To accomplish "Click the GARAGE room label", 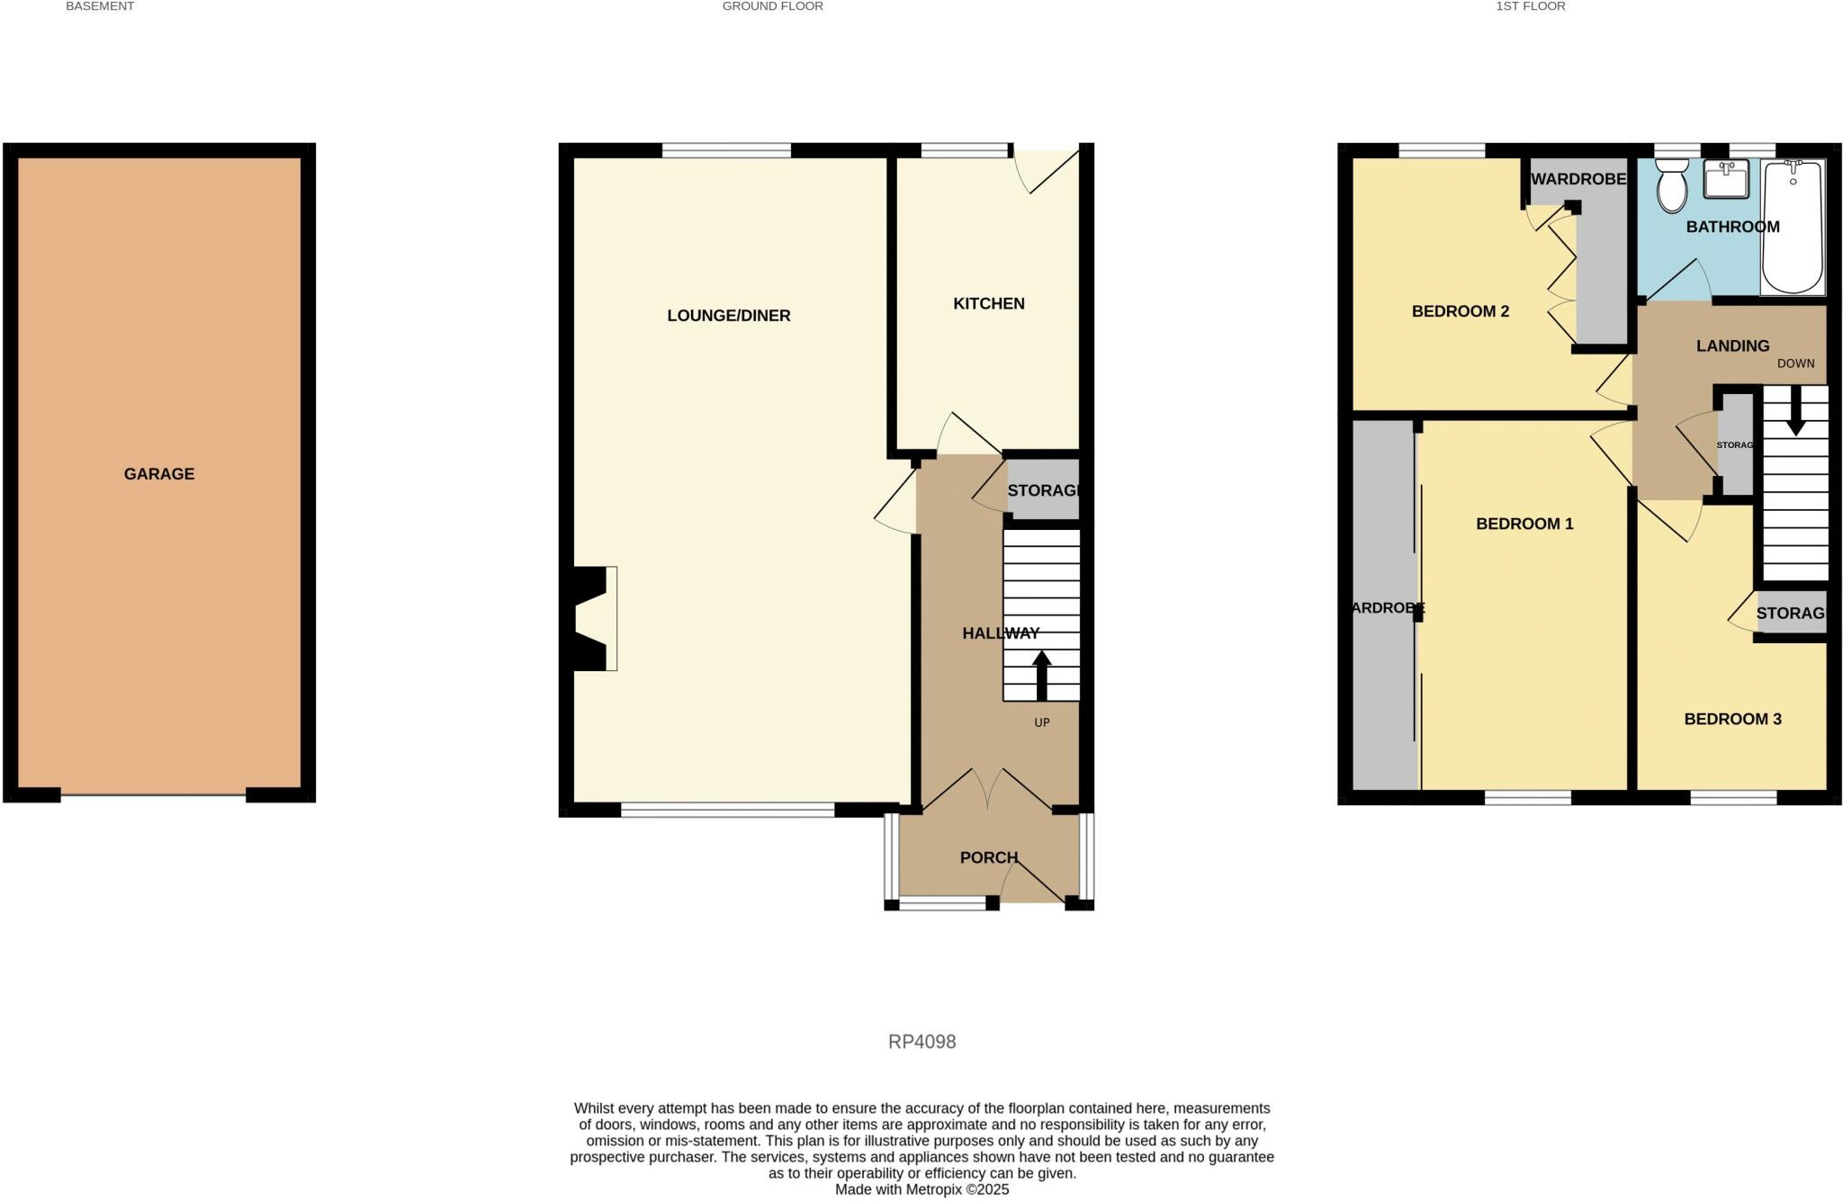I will [x=159, y=474].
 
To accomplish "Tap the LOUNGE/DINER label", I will [x=729, y=316].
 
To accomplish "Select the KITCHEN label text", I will [x=989, y=304].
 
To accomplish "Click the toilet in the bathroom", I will [x=1671, y=186].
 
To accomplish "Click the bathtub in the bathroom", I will [x=1793, y=227].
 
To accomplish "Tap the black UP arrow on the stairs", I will [x=1041, y=675].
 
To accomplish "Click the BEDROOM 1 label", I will [x=1524, y=524].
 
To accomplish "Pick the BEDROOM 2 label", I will [x=1461, y=311].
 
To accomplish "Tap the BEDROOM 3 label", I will [x=1732, y=719].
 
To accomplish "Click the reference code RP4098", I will [x=921, y=1042].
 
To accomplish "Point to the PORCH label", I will [x=989, y=857].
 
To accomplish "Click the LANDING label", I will [x=1732, y=345].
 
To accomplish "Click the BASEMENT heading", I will [x=100, y=6].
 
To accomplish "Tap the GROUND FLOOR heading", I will [x=772, y=6].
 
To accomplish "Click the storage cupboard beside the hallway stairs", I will [x=1043, y=490].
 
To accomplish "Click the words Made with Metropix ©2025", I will [x=921, y=1189].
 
